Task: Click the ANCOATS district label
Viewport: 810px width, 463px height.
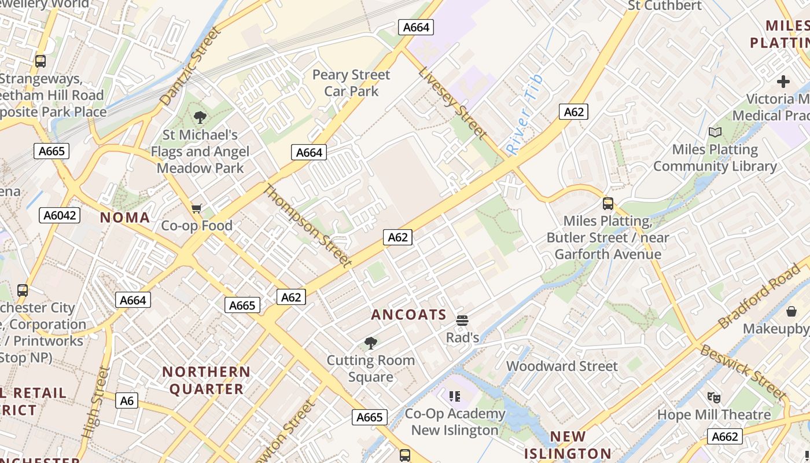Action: click(x=408, y=315)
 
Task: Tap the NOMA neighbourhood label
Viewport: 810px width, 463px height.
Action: click(x=125, y=218)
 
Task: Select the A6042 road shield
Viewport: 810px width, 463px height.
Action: click(x=60, y=215)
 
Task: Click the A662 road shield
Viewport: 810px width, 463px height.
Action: click(x=724, y=436)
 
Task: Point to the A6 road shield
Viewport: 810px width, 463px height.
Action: click(x=127, y=400)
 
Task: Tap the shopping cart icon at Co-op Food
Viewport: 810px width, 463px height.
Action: click(x=197, y=208)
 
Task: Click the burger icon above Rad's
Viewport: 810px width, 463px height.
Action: click(x=462, y=320)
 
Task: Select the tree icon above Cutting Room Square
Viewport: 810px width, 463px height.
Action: click(x=371, y=343)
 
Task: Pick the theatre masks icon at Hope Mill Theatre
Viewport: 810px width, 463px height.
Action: click(x=714, y=397)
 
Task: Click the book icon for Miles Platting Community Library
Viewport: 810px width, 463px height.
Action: click(x=715, y=132)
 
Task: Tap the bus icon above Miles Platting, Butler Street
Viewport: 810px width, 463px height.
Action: click(x=607, y=204)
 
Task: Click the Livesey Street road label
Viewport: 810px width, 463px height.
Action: click(x=452, y=103)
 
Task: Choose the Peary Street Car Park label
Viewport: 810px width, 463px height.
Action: click(x=351, y=83)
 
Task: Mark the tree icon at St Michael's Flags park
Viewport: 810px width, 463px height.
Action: click(x=200, y=117)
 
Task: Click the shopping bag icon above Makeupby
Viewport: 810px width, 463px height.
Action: click(x=791, y=311)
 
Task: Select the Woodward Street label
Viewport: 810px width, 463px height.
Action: click(x=562, y=366)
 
